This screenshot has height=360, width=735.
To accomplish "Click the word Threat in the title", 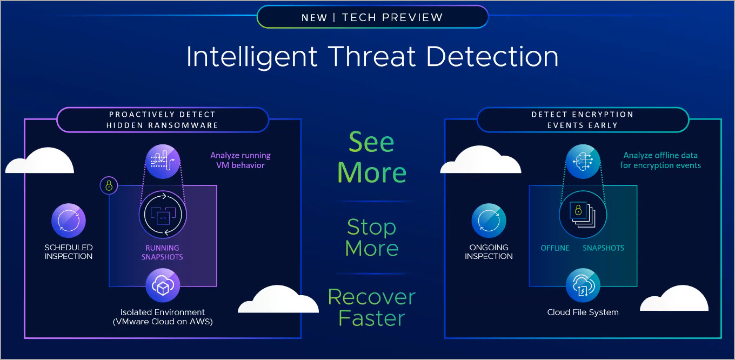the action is [372, 56].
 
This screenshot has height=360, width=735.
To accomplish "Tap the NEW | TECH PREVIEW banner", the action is [372, 17].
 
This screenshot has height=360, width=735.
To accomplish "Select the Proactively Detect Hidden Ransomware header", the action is [163, 120].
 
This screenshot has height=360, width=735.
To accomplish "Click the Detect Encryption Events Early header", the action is [583, 120].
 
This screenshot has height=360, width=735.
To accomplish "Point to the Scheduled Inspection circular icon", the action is [69, 221].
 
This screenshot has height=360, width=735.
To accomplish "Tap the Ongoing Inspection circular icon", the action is [489, 221].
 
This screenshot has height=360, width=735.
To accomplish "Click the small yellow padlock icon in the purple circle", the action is [109, 186].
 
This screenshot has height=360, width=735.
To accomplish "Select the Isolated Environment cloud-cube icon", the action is [163, 285].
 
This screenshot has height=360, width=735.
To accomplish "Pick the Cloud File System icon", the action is [583, 285].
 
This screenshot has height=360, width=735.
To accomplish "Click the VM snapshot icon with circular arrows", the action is [163, 215].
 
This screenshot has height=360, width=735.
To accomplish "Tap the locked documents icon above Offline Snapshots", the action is [583, 215].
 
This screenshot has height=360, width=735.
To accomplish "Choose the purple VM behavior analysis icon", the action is [163, 162].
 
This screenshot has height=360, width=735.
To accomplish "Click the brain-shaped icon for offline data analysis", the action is [583, 162].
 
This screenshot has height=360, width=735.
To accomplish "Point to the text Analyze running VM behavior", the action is [240, 160].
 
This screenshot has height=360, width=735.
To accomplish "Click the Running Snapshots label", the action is [162, 252].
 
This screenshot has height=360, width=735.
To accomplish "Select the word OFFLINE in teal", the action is [555, 248].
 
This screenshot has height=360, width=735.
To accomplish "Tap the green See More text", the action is [372, 157].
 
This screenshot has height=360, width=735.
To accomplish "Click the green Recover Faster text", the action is [372, 308].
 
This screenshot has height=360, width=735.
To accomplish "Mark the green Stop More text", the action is [372, 237].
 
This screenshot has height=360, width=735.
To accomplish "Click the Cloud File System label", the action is [583, 312].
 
